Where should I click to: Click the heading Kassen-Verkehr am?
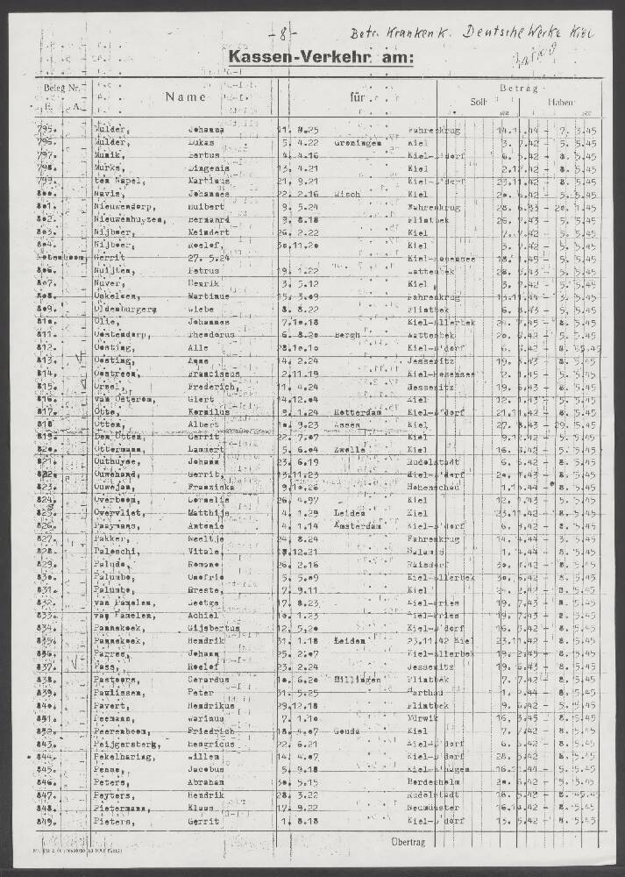point(320,58)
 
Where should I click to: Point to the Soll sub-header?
point(479,102)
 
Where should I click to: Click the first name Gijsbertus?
point(210,629)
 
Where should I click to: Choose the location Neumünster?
point(433,809)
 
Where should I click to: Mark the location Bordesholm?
point(434,781)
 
